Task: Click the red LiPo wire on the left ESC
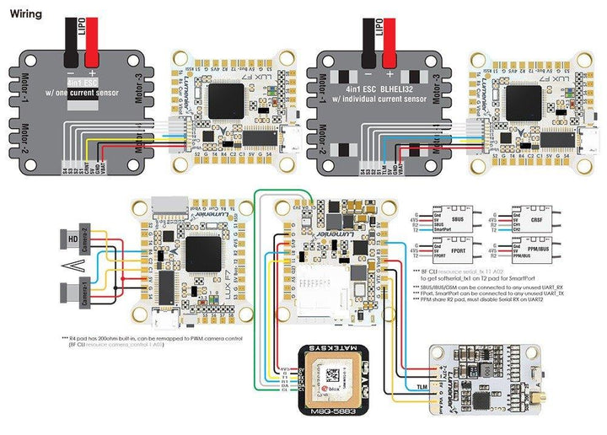tap(92, 34)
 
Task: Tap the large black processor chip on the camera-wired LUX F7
tap(202, 252)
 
